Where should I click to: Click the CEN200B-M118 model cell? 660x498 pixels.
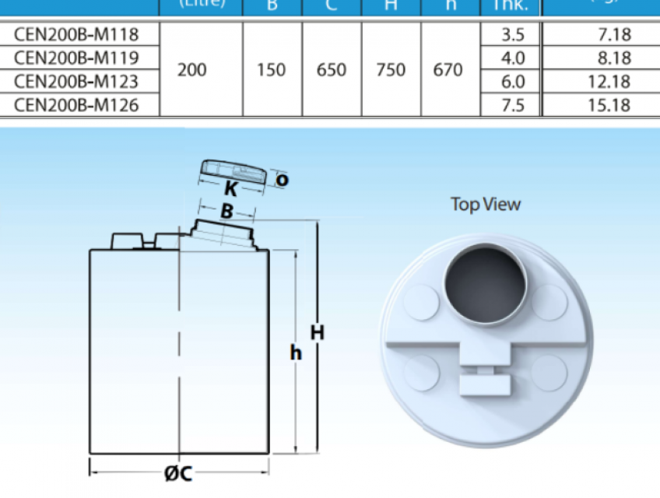point(76,35)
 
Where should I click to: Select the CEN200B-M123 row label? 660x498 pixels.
point(76,82)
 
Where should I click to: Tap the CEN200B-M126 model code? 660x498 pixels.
point(76,104)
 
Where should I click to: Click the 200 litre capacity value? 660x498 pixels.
point(191,70)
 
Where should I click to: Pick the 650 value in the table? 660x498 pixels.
point(332,70)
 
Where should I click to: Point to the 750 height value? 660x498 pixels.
point(391,70)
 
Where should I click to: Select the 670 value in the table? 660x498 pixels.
point(448,70)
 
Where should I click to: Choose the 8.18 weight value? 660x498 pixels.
point(609,58)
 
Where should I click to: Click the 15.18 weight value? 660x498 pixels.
point(609,104)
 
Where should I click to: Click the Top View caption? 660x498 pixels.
point(486,205)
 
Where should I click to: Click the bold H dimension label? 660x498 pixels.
point(318,332)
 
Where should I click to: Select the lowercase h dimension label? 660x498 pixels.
point(296,353)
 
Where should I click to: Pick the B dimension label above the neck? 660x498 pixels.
point(226,210)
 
